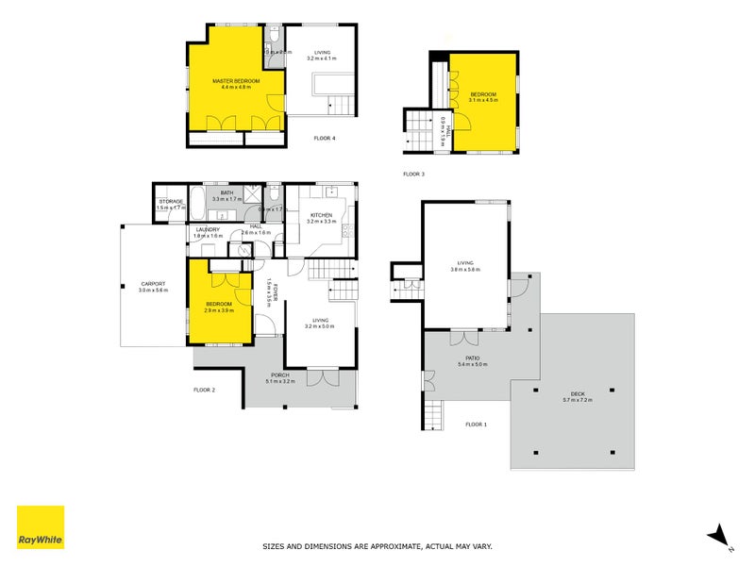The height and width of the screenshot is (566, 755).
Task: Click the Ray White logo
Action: [41, 527]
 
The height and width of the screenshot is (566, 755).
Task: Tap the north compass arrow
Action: [719, 534]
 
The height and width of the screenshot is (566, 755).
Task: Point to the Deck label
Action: [576, 397]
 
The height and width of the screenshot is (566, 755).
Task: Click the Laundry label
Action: [208, 230]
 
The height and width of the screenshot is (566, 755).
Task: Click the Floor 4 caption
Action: [325, 139]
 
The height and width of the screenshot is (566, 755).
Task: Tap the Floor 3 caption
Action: [413, 174]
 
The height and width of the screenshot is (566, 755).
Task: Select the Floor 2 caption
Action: [205, 390]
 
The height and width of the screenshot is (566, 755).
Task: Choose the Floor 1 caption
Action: [477, 424]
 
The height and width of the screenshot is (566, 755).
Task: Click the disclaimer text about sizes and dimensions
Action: [377, 546]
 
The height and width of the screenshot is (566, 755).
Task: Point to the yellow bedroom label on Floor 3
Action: [482, 95]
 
